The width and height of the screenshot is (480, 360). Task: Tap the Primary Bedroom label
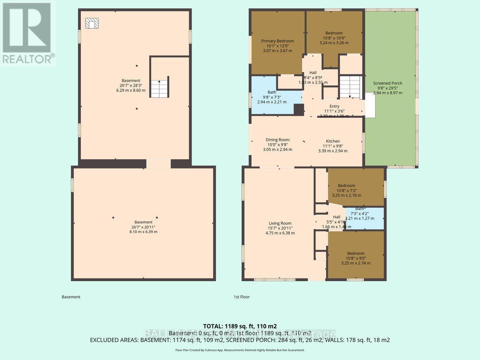pyautogui.click(x=278, y=46)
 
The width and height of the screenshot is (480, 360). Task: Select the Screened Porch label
pyautogui.click(x=388, y=88)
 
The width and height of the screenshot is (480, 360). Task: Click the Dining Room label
pyautogui.click(x=278, y=144)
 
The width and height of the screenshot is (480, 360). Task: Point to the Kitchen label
pyautogui.click(x=332, y=146)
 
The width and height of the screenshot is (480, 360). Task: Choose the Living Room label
pyautogui.click(x=280, y=228)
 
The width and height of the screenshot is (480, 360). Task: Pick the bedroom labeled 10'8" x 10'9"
pyautogui.click(x=334, y=38)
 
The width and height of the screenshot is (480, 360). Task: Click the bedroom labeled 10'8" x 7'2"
pyautogui.click(x=346, y=190)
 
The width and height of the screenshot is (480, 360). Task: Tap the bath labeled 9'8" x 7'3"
pyautogui.click(x=272, y=97)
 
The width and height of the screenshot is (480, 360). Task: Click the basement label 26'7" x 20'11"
pyautogui.click(x=143, y=226)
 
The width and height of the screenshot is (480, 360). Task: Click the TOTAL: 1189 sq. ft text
pyautogui.click(x=240, y=326)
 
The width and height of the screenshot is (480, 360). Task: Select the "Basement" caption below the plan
pyautogui.click(x=71, y=297)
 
